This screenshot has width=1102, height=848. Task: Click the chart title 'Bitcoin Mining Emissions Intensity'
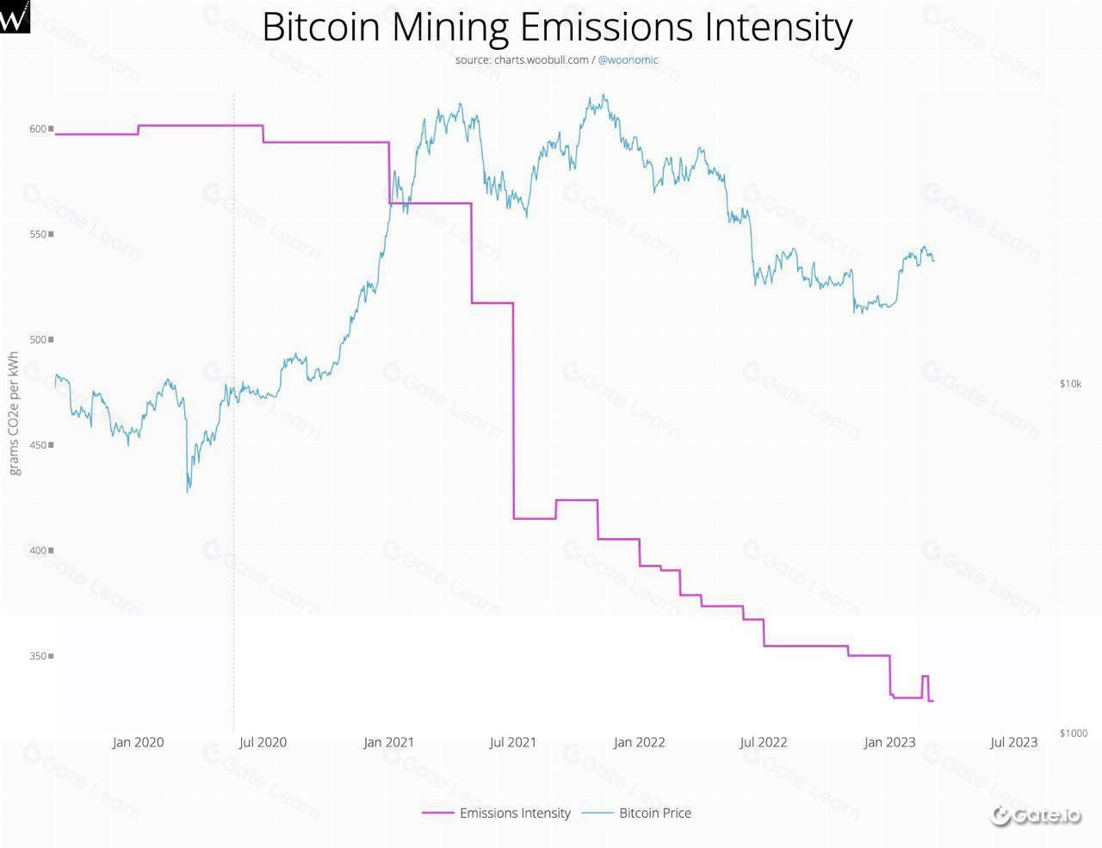click(x=557, y=28)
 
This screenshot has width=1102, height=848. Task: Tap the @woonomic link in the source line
click(x=628, y=59)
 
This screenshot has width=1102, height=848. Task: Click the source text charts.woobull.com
click(x=522, y=59)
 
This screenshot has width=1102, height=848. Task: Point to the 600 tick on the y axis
click(x=38, y=129)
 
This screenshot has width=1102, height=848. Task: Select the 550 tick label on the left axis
click(x=38, y=234)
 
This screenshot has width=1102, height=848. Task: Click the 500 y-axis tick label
click(x=38, y=340)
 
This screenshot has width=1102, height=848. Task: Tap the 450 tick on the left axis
click(x=38, y=445)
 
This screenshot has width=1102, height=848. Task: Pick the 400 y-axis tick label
click(x=38, y=550)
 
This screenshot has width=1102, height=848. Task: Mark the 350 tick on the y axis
click(x=38, y=656)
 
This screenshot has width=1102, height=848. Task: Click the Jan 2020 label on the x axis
click(x=138, y=742)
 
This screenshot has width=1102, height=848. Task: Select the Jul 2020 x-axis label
click(x=263, y=742)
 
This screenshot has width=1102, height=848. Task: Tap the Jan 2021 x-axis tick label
click(x=388, y=742)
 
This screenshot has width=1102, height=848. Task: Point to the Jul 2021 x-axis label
click(x=513, y=742)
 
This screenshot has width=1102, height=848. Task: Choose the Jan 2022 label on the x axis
click(x=639, y=742)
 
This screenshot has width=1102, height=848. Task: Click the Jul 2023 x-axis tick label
click(x=1014, y=742)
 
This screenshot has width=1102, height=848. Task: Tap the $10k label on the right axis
click(x=1070, y=384)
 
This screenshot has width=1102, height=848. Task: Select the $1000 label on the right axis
click(x=1074, y=733)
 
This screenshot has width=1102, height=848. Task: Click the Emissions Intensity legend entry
click(x=514, y=813)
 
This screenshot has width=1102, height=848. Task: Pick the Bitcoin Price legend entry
click(x=654, y=813)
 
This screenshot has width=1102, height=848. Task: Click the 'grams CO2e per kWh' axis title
click(x=14, y=413)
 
